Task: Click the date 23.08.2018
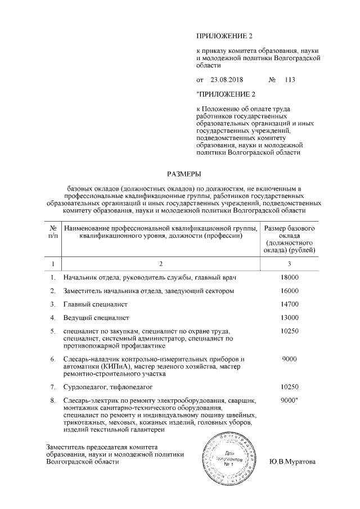pyautogui.click(x=224, y=79)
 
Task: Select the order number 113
pyautogui.click(x=290, y=79)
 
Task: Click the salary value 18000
pyautogui.click(x=289, y=277)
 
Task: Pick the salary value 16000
pyautogui.click(x=289, y=291)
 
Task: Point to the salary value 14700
pyautogui.click(x=289, y=304)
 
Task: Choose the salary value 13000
pyautogui.click(x=289, y=318)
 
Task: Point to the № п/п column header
pyautogui.click(x=52, y=232)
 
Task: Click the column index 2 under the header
pyautogui.click(x=160, y=263)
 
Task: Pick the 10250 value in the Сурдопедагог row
pyautogui.click(x=289, y=387)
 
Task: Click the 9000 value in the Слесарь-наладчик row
pyautogui.click(x=289, y=359)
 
